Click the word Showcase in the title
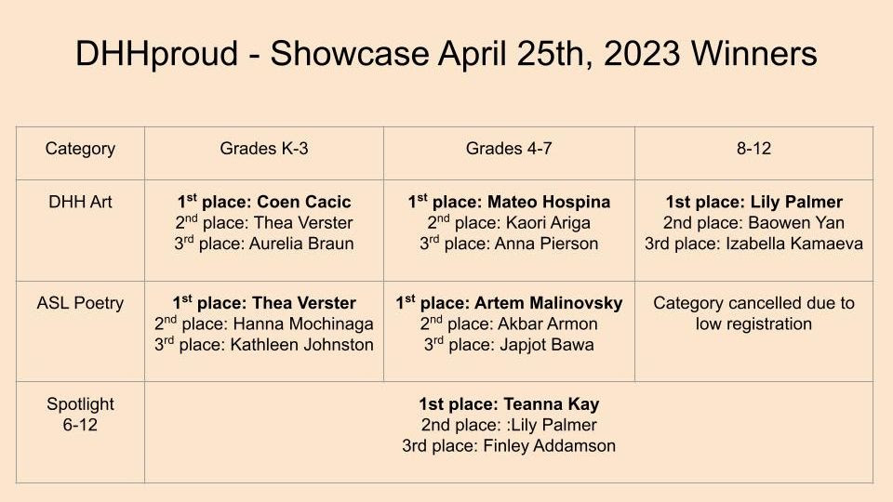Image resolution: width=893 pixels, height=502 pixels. [350, 54]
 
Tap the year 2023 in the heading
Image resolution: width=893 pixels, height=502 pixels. [642, 54]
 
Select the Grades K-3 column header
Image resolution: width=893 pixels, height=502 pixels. [263, 149]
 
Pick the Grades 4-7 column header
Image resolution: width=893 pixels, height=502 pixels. [509, 149]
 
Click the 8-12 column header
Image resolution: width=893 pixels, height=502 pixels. [753, 149]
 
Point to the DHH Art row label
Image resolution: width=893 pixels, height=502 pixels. [80, 202]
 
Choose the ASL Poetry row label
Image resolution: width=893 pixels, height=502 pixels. [80, 303]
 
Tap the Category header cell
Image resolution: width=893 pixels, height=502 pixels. [80, 149]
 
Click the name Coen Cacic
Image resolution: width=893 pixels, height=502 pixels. [303, 202]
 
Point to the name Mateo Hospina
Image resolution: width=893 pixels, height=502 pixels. [549, 202]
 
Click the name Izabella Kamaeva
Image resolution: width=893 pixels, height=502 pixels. [793, 244]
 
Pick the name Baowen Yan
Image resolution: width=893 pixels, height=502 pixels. [795, 223]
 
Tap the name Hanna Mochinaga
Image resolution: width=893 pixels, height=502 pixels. [303, 324]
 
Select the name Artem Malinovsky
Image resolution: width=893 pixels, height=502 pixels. [549, 303]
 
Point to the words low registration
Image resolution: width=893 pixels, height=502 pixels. [753, 324]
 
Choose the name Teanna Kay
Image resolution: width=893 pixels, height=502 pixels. [552, 404]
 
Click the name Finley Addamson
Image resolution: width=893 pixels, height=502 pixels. [549, 445]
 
